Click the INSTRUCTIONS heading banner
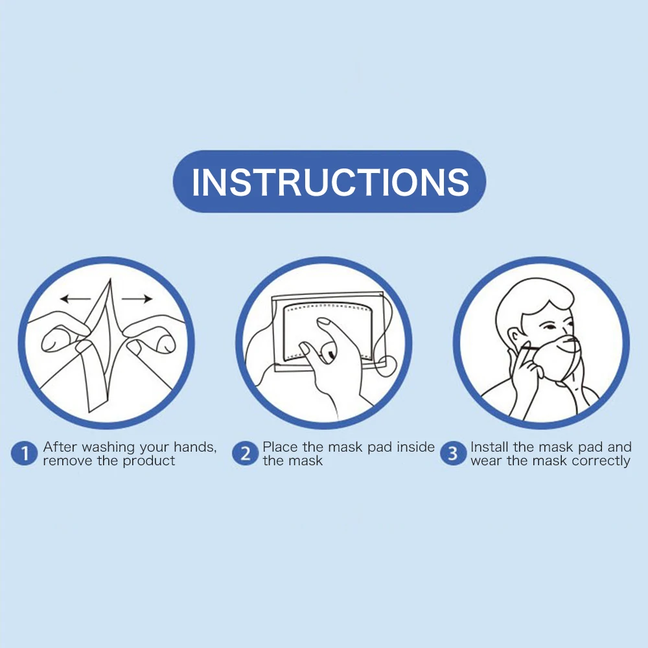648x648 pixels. (x=329, y=181)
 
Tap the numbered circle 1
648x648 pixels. (x=25, y=454)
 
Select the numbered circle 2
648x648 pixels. (x=245, y=454)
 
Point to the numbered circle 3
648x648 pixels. (x=454, y=454)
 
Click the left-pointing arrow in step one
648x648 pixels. (x=76, y=298)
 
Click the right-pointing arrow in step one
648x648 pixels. (x=137, y=298)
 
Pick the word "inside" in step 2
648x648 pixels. (x=416, y=446)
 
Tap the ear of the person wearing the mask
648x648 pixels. (x=514, y=338)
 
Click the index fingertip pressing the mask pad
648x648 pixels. (x=323, y=321)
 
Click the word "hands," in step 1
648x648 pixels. (x=195, y=447)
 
